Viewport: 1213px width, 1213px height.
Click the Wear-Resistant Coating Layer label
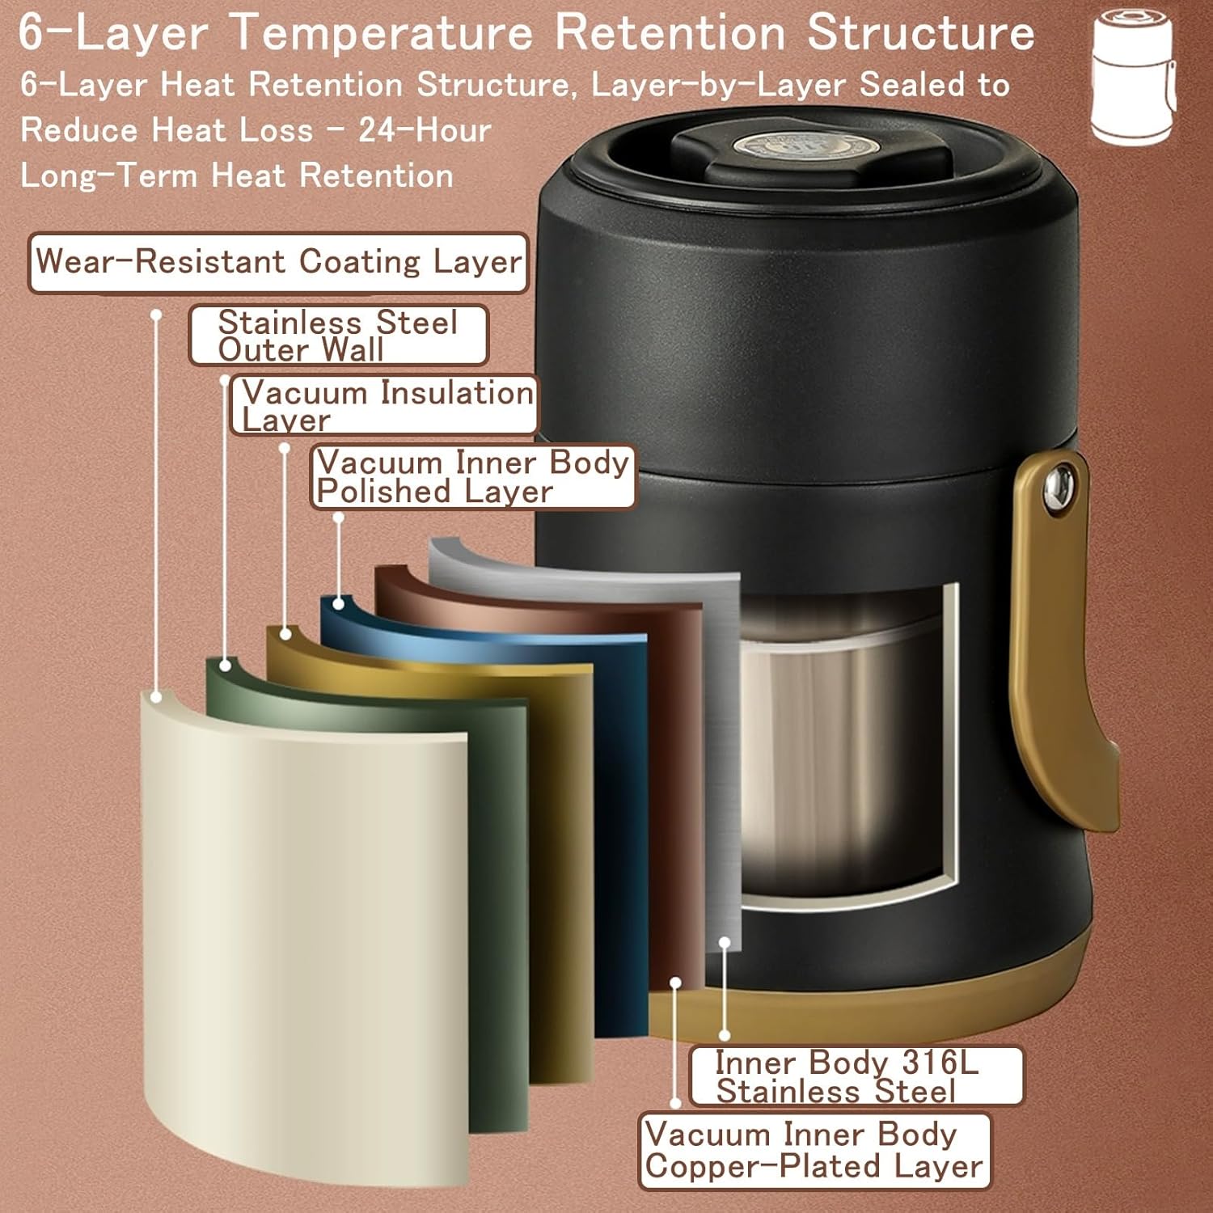click(x=278, y=262)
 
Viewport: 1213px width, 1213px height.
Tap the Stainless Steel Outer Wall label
click(x=338, y=336)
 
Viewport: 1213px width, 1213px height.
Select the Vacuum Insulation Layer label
click(x=385, y=405)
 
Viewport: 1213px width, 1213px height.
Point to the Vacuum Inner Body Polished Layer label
click(x=473, y=476)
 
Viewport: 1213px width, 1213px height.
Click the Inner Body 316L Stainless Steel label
click(x=856, y=1076)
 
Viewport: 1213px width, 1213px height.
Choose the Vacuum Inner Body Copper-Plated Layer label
click(x=814, y=1151)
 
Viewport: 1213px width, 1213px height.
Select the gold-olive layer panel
click(x=562, y=849)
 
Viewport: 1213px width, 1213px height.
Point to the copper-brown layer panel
click(x=675, y=768)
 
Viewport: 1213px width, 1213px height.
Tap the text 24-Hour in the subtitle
click(x=425, y=129)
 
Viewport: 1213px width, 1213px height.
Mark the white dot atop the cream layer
click(x=157, y=696)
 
